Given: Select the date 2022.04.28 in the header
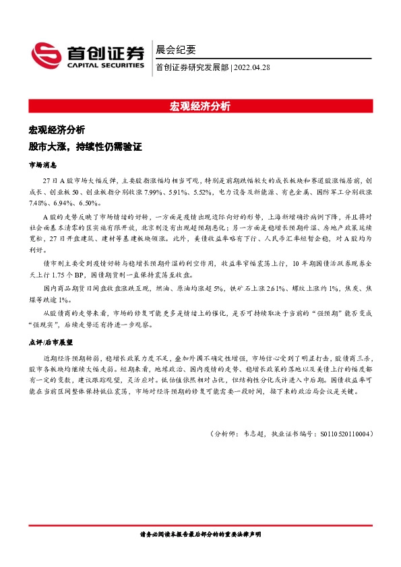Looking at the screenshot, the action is coord(254,67).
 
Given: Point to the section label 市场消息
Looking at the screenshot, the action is coord(42,164).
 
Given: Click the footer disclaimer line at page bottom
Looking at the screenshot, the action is coord(199,533).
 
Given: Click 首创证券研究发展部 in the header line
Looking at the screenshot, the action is coord(191,67).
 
